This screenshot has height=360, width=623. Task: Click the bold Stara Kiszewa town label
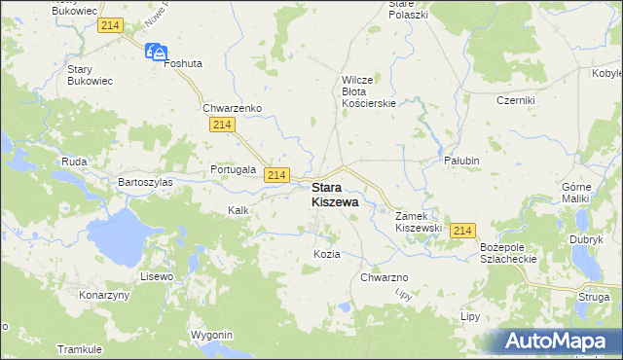[334, 195]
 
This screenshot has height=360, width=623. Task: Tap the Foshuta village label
[182, 63]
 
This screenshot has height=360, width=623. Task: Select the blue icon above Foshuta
[157, 52]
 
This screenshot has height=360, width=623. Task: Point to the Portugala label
[233, 168]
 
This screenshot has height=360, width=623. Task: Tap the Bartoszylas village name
[145, 182]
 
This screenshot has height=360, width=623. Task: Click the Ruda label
[74, 162]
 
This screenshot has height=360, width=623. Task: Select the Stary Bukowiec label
[92, 76]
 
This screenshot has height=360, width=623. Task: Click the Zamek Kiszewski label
[419, 221]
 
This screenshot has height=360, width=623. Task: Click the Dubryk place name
[586, 239]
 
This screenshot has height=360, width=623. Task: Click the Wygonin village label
[212, 335]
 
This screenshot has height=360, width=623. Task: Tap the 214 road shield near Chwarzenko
[221, 126]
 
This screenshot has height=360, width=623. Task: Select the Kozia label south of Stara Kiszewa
[327, 254]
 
